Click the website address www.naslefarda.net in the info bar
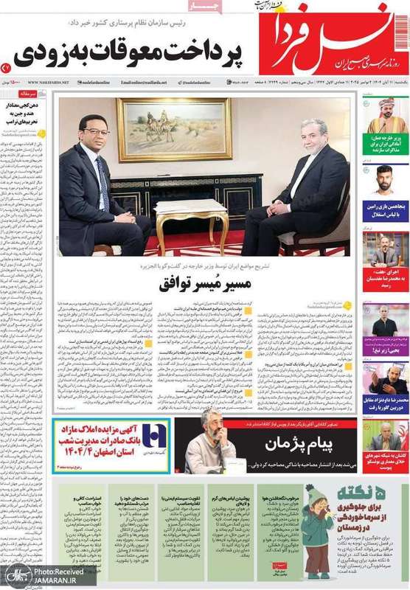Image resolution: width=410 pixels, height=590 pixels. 49,83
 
